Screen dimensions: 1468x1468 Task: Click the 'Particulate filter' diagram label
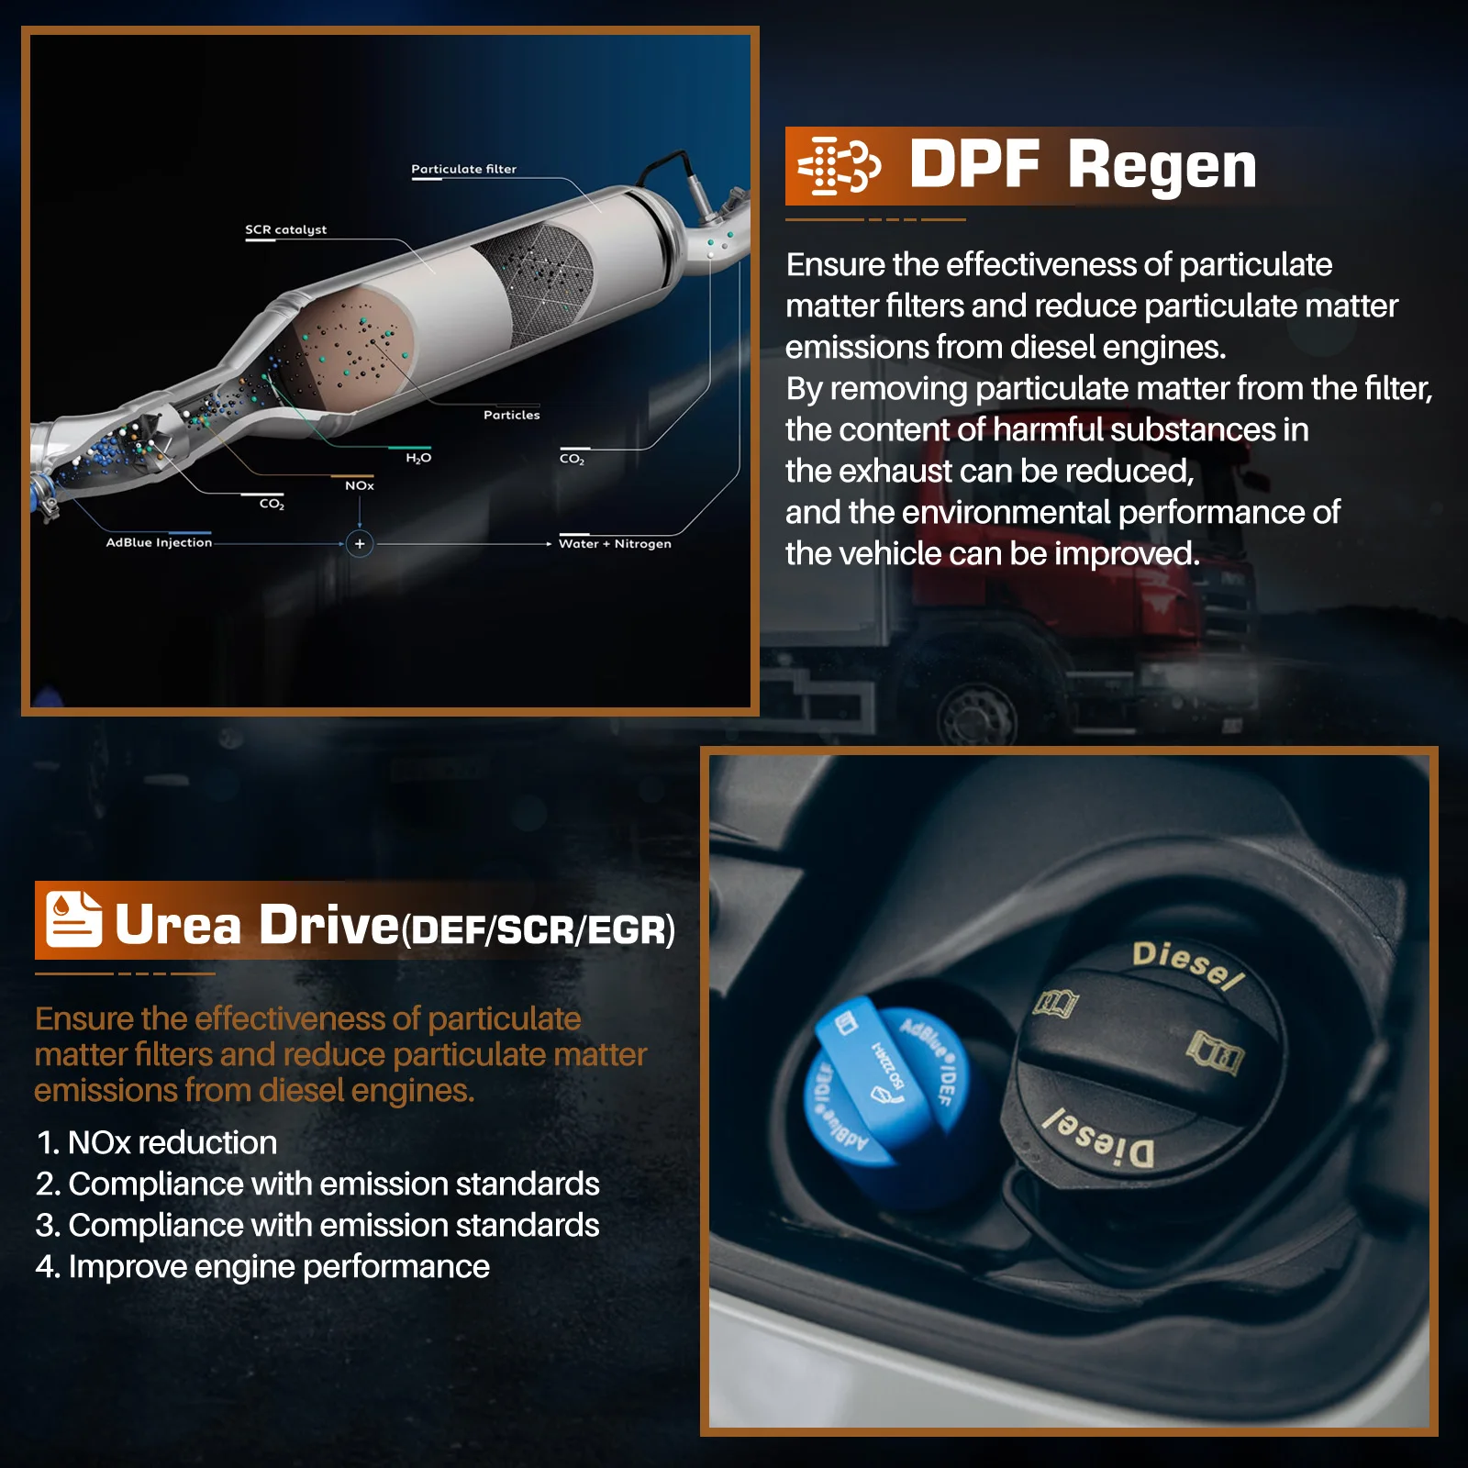tap(463, 169)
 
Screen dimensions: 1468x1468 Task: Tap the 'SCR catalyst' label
tap(285, 229)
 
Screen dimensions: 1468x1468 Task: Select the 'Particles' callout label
tap(512, 415)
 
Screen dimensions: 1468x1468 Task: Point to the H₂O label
tap(418, 458)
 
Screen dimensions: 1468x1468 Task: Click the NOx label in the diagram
tap(360, 485)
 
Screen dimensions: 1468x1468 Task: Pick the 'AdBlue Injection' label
tap(159, 542)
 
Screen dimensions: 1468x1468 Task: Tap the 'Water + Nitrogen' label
tap(615, 543)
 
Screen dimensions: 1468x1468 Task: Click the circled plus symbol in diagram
tap(360, 544)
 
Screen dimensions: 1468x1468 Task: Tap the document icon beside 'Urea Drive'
tap(73, 918)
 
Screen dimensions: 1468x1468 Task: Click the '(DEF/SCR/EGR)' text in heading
tap(539, 929)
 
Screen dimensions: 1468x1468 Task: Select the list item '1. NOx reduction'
tap(156, 1142)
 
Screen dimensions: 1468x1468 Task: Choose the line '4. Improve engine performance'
tap(262, 1266)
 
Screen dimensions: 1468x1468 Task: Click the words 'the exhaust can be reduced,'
tap(989, 471)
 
